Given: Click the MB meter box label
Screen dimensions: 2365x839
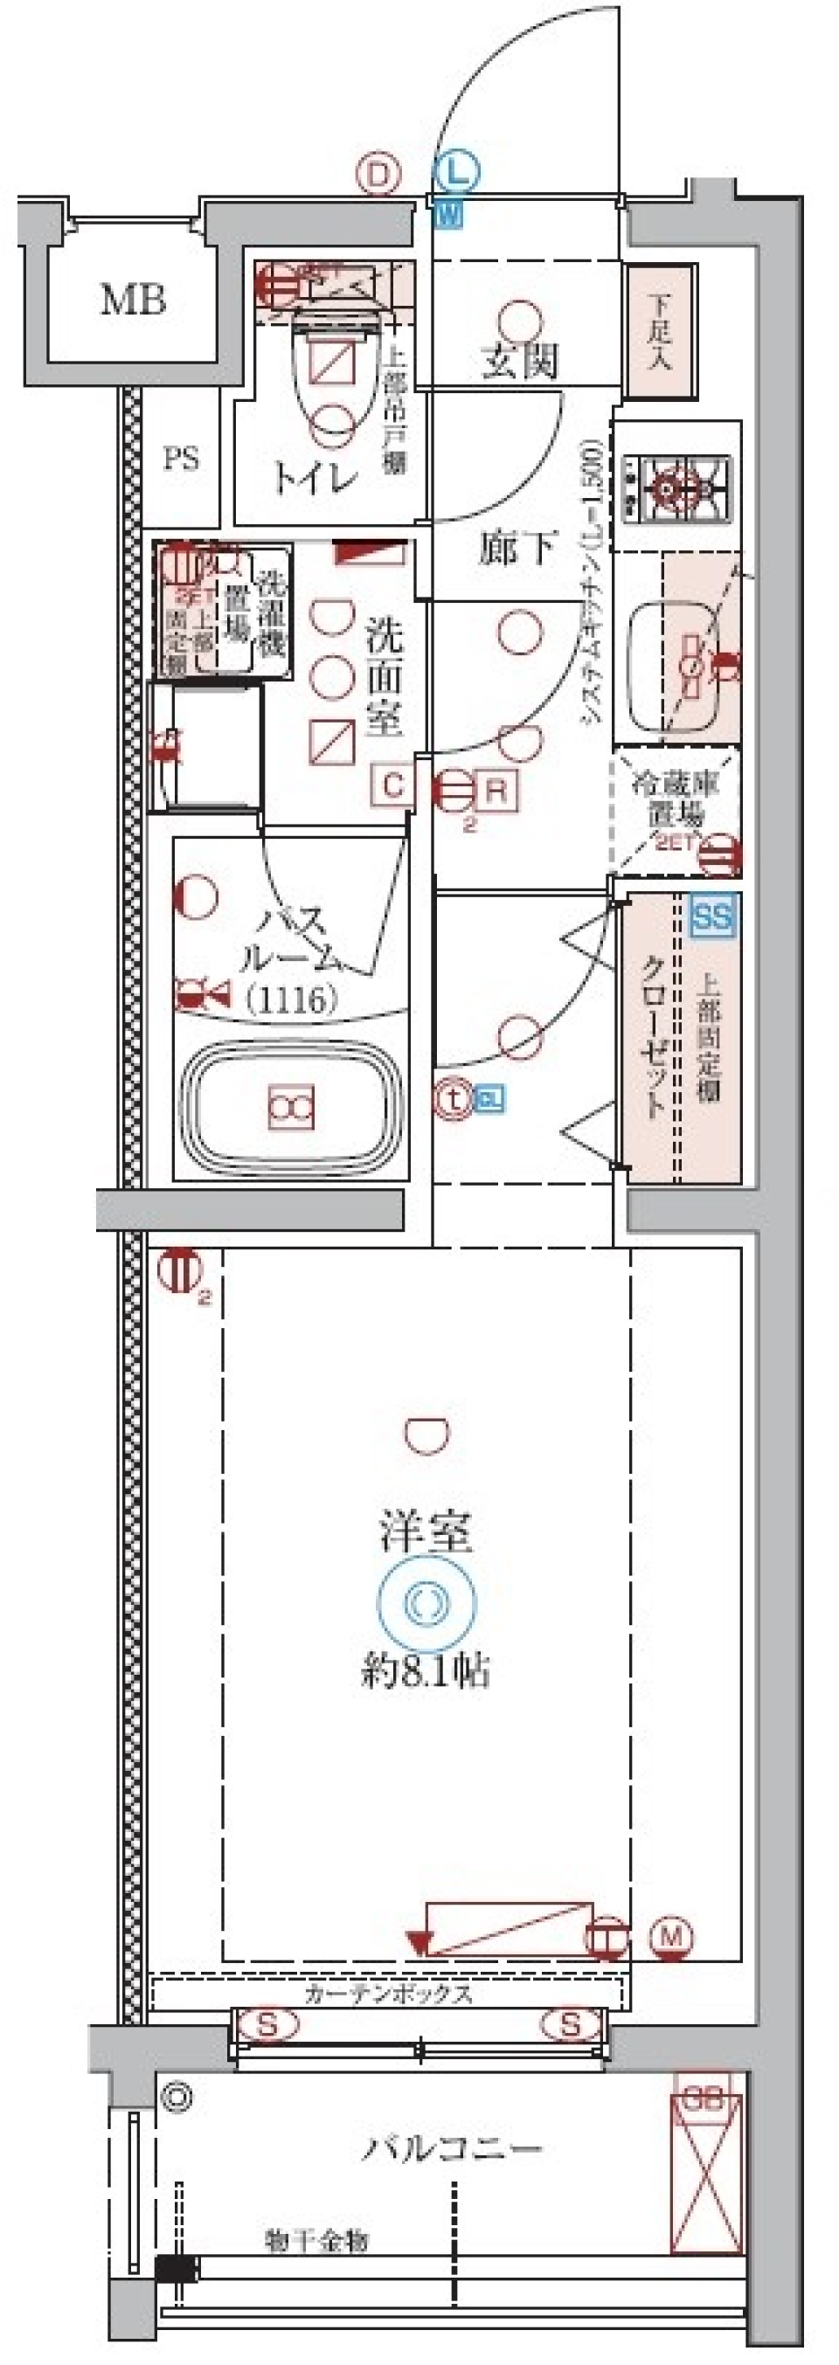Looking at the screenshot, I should point(133,300).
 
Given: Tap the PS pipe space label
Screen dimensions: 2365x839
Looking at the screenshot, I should point(181,458).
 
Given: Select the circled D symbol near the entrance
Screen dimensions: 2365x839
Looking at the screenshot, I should point(379,175).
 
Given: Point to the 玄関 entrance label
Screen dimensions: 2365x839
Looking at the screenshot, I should point(519,362).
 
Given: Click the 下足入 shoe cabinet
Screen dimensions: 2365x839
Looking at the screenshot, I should point(658,331).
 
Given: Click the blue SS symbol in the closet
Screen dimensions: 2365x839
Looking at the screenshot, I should point(713,916).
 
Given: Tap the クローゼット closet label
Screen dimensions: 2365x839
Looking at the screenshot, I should point(653,1037).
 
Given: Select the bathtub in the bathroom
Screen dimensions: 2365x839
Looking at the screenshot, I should point(291,1107).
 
